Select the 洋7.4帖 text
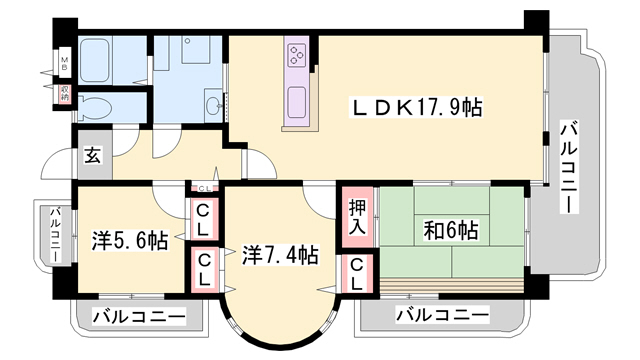point(281,255)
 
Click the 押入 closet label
point(358,217)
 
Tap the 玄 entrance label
point(92,155)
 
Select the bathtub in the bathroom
point(111,60)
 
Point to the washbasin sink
point(213,104)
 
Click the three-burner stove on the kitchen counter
point(298,59)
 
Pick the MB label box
point(64,66)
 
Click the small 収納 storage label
point(64,96)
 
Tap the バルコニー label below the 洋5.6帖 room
point(139,317)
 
